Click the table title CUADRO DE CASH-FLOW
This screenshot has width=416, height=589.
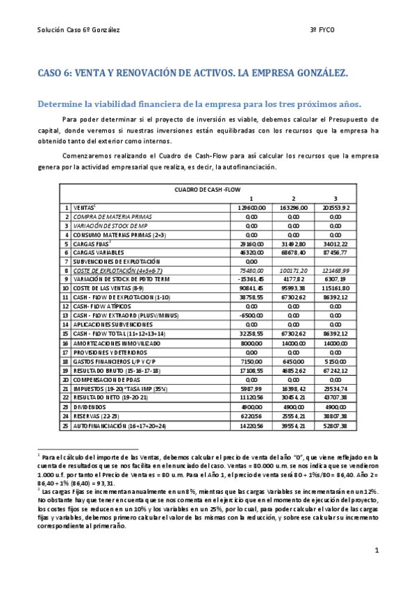207,189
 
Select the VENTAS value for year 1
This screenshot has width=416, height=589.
251,208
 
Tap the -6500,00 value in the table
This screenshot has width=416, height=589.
251,315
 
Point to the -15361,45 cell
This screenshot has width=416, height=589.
251,278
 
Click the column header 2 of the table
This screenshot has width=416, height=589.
294,199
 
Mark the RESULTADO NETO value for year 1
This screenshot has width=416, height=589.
251,397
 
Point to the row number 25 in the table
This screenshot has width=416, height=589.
65,425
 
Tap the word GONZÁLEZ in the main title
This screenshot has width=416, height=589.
315,73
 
